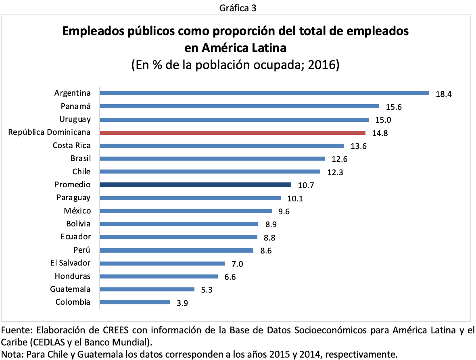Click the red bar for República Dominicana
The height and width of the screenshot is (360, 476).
click(x=232, y=132)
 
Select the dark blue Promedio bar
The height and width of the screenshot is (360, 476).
click(x=195, y=185)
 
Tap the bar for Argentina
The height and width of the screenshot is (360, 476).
click(x=264, y=93)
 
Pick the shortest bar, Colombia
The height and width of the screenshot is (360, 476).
click(x=135, y=302)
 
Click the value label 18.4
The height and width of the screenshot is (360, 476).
click(x=444, y=94)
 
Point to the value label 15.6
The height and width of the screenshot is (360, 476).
click(x=394, y=107)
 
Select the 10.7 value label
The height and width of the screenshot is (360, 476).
click(x=306, y=186)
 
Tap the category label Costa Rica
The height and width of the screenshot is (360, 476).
click(x=71, y=146)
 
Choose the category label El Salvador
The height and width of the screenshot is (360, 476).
click(x=70, y=263)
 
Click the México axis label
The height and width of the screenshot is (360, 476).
click(x=77, y=211)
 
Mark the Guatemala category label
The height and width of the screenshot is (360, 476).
click(x=70, y=289)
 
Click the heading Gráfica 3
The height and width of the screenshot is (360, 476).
click(x=238, y=7)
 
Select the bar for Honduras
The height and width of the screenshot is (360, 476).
click(x=159, y=276)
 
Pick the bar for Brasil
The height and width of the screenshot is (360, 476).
click(x=212, y=159)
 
